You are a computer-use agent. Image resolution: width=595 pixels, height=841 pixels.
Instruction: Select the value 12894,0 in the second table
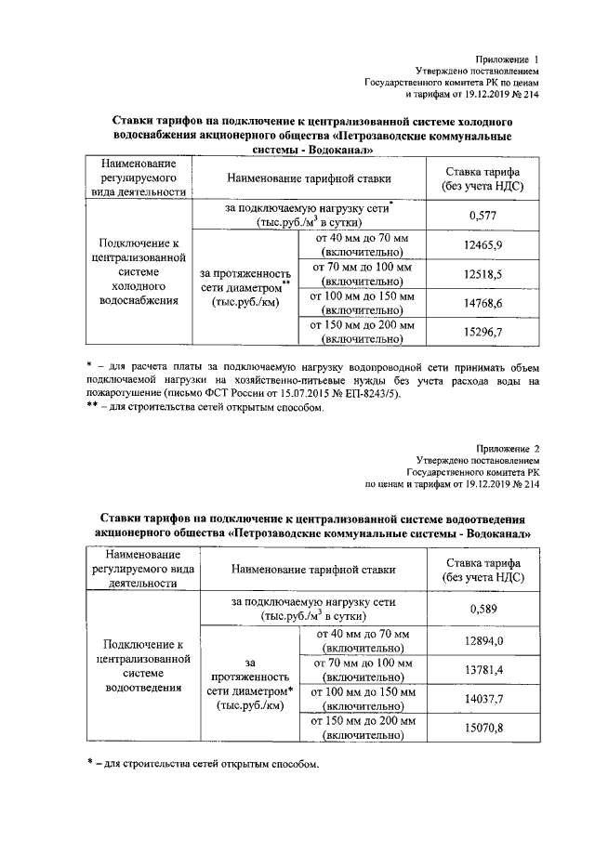pos(482,640)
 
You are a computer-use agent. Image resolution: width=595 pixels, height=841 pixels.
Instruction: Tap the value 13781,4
pos(482,669)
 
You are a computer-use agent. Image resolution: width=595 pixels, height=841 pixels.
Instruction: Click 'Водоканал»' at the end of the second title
pos(497,534)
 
